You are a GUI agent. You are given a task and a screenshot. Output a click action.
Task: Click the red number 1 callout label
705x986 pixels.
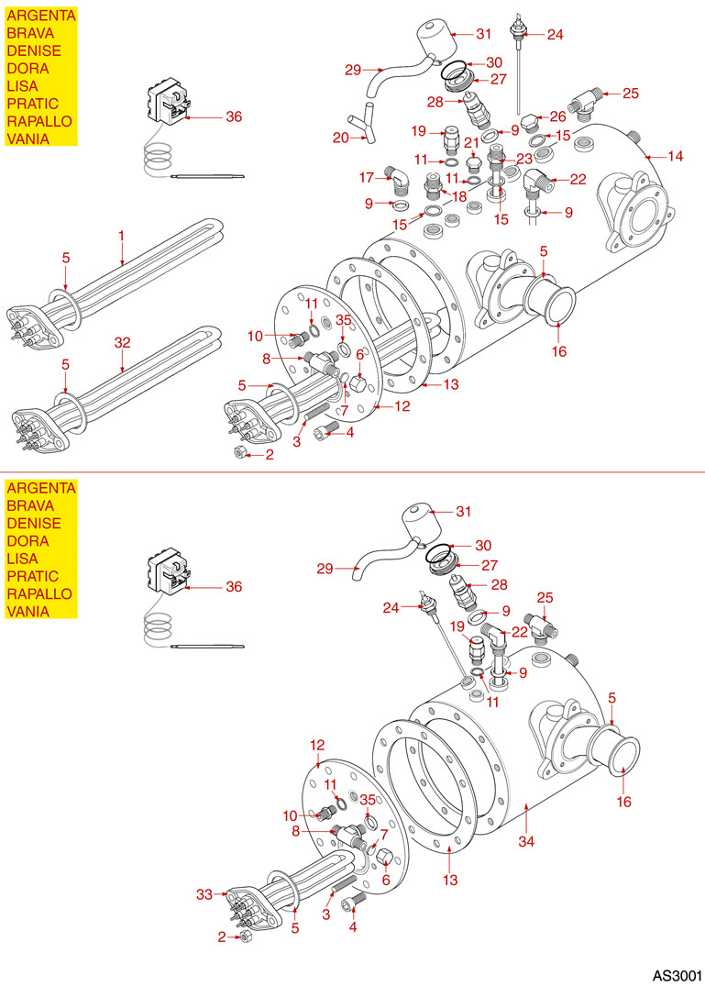click(x=120, y=236)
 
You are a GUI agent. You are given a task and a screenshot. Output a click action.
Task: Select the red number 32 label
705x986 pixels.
click(x=123, y=341)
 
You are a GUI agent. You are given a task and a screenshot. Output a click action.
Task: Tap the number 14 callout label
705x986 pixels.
click(x=676, y=157)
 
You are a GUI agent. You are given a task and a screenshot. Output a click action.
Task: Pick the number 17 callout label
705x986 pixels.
click(x=366, y=176)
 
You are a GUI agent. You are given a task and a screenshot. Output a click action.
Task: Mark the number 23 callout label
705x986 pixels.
click(x=525, y=158)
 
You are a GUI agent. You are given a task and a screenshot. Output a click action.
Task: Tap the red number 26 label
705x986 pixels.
click(x=557, y=116)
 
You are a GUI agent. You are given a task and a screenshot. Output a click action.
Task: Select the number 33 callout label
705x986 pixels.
click(x=205, y=892)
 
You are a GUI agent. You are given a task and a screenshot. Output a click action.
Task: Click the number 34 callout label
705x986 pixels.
click(x=525, y=841)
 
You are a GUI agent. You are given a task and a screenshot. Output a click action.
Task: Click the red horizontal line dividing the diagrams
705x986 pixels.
click(x=352, y=471)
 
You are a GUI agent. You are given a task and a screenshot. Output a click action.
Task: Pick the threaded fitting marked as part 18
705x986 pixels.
click(x=430, y=192)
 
